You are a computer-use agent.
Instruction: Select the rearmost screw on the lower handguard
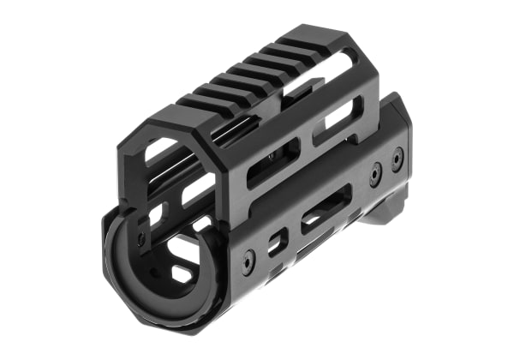click(397, 159)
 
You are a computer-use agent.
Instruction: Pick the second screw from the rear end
click(375, 175)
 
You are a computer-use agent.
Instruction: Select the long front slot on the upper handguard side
click(272, 163)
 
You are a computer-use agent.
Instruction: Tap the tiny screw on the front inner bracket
click(142, 239)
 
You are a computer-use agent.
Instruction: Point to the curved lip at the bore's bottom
click(150, 304)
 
